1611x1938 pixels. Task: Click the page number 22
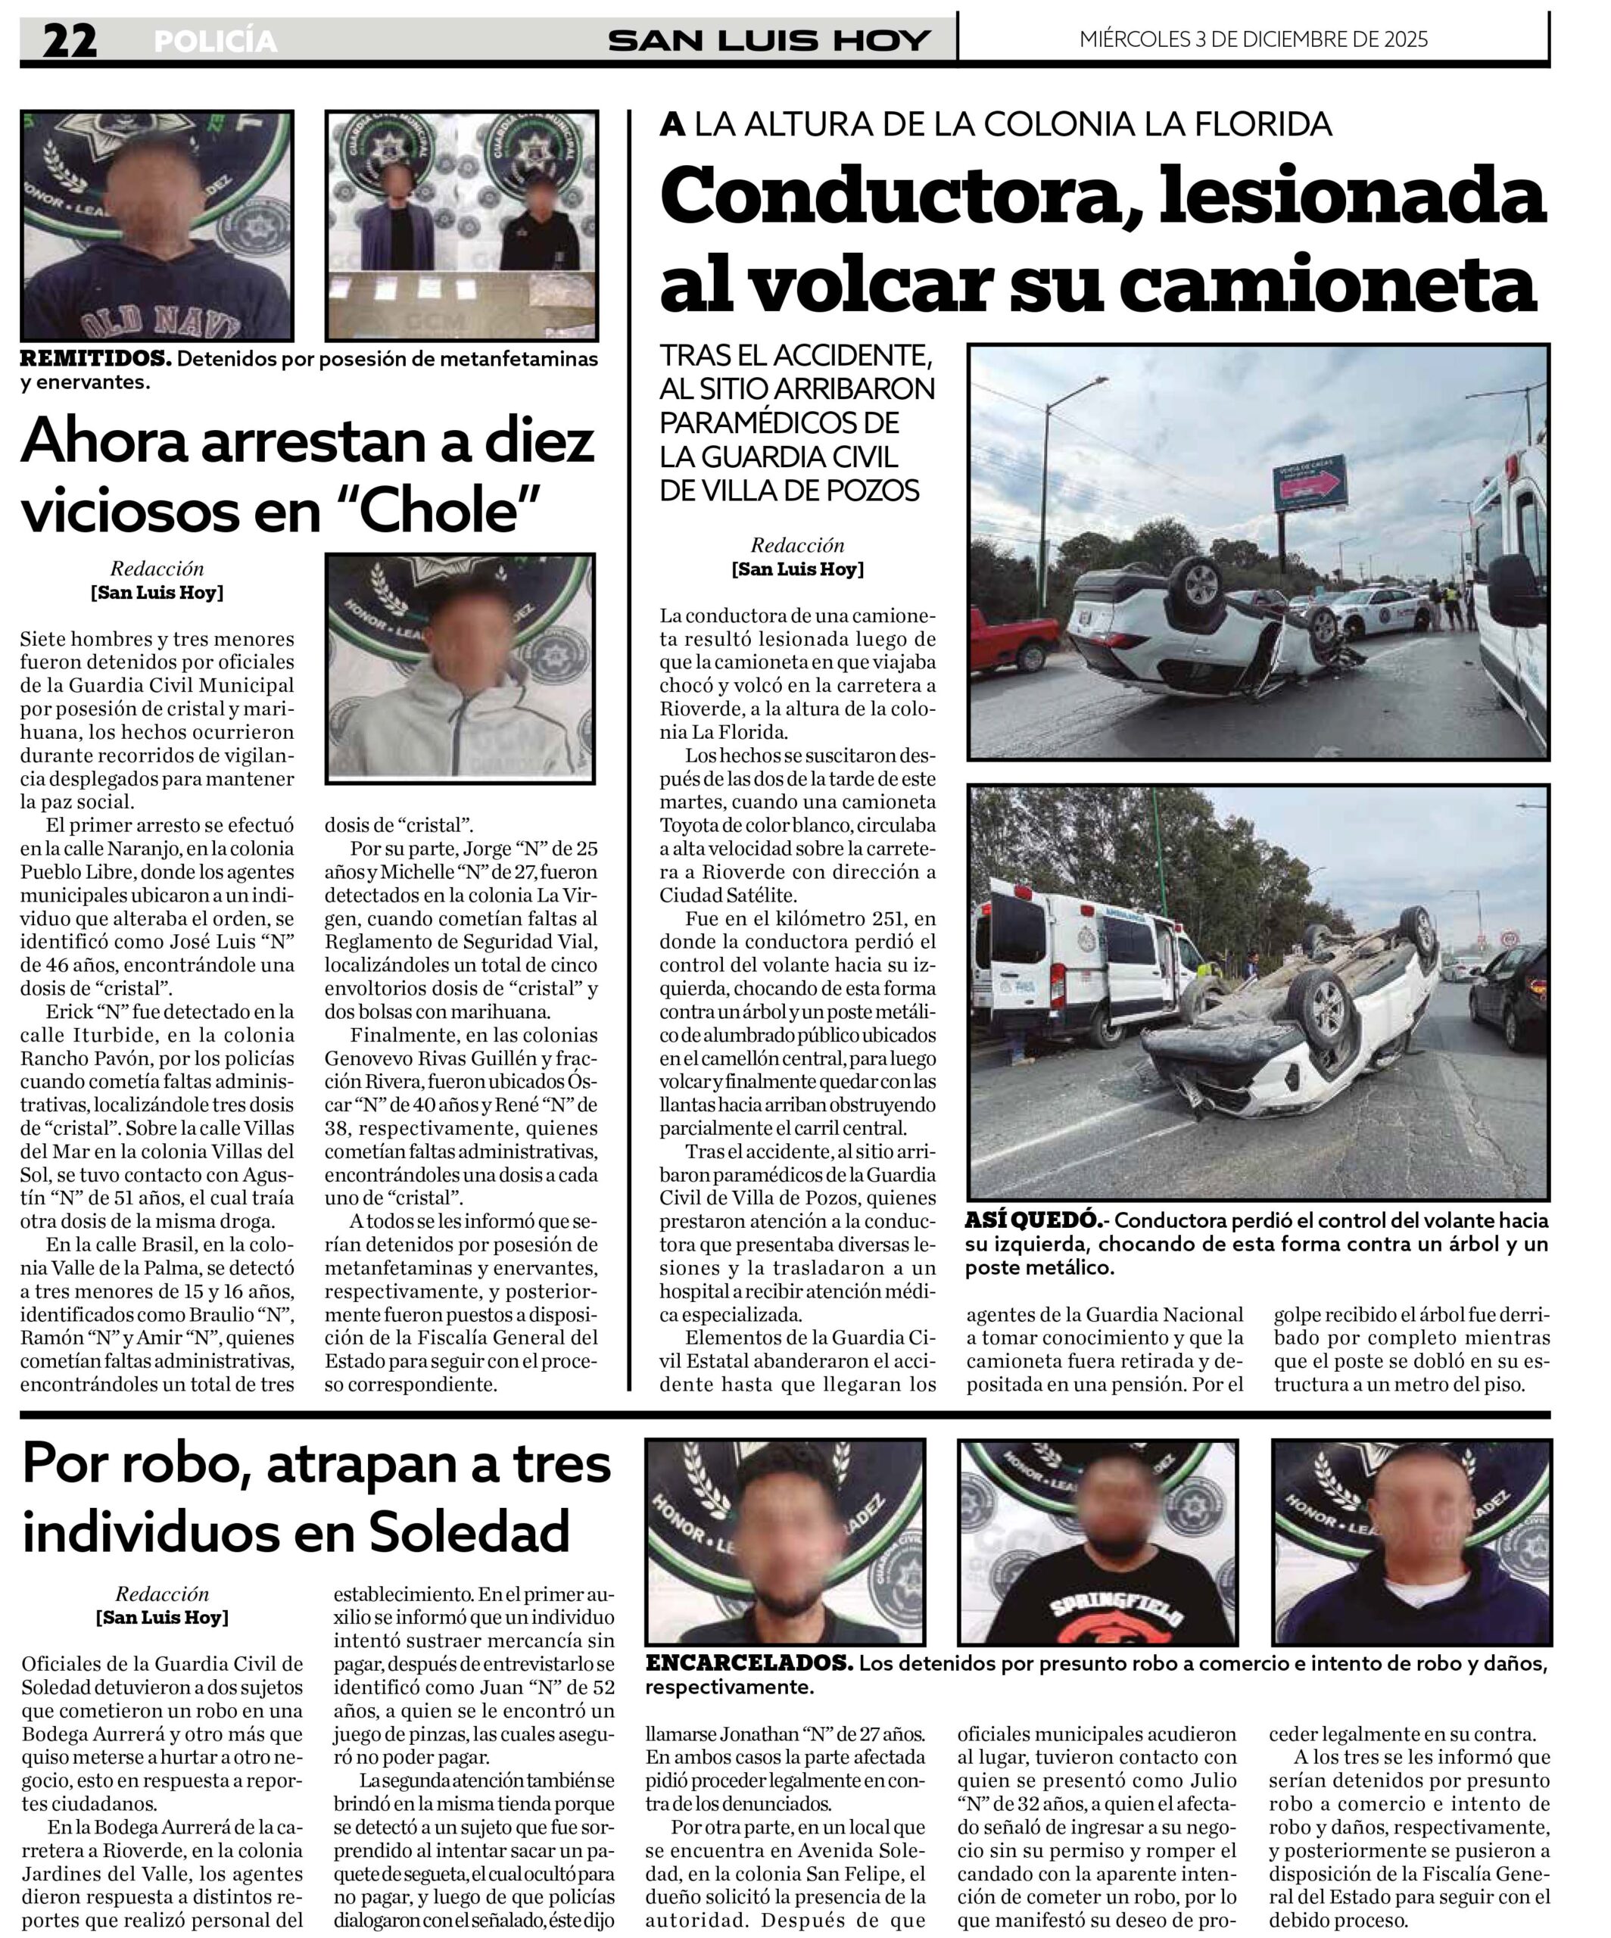(69, 41)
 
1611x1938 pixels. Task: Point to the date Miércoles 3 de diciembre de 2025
(1253, 39)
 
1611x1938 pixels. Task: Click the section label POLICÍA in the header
(215, 42)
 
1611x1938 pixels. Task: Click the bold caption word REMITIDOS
(95, 358)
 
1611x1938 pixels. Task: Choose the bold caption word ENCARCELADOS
(747, 1663)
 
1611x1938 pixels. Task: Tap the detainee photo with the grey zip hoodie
(460, 668)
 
